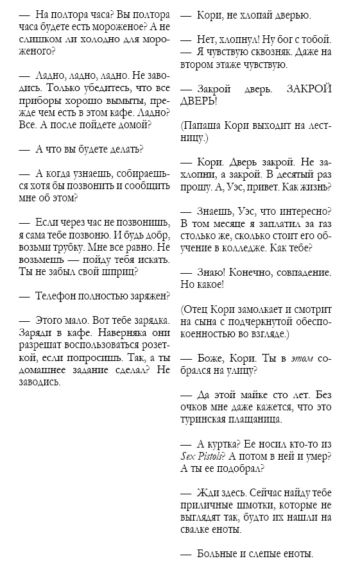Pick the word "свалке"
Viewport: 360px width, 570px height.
[x=198, y=530]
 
